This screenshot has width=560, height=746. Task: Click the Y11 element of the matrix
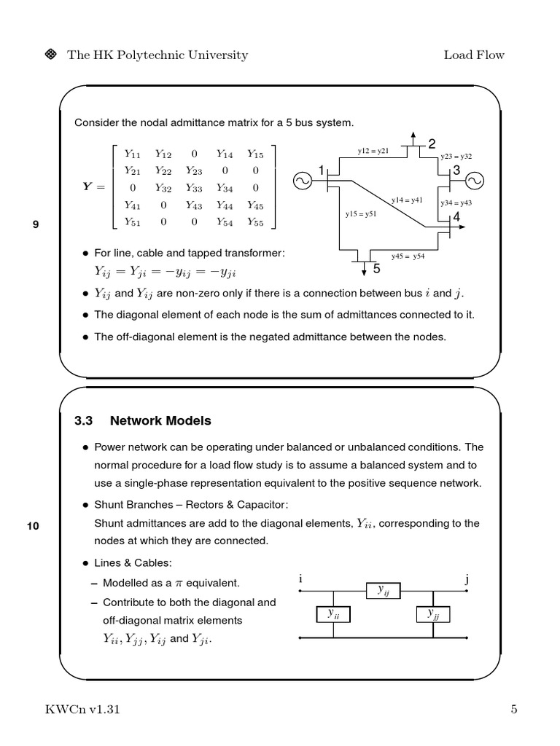coord(132,154)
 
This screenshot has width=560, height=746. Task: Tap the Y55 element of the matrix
coord(254,222)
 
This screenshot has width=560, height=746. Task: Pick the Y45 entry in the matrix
coord(254,205)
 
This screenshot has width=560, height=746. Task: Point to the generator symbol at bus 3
coord(475,180)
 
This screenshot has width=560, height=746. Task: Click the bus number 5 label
coord(377,269)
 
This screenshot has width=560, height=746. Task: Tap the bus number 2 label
coord(432,143)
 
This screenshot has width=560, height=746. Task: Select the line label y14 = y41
coord(407,199)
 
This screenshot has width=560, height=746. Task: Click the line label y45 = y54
coord(408,256)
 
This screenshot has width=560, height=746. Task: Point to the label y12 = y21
coord(373,151)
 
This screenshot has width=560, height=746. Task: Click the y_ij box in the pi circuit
coord(384,591)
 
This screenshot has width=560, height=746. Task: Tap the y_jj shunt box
coord(433,614)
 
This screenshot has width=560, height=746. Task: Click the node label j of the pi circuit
coord(467,579)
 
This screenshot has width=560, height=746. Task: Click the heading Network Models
coord(160,420)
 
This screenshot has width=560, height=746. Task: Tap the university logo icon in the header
coord(52,55)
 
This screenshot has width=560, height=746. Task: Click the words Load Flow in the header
coord(474,55)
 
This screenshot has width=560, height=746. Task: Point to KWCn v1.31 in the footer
coord(82,710)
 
